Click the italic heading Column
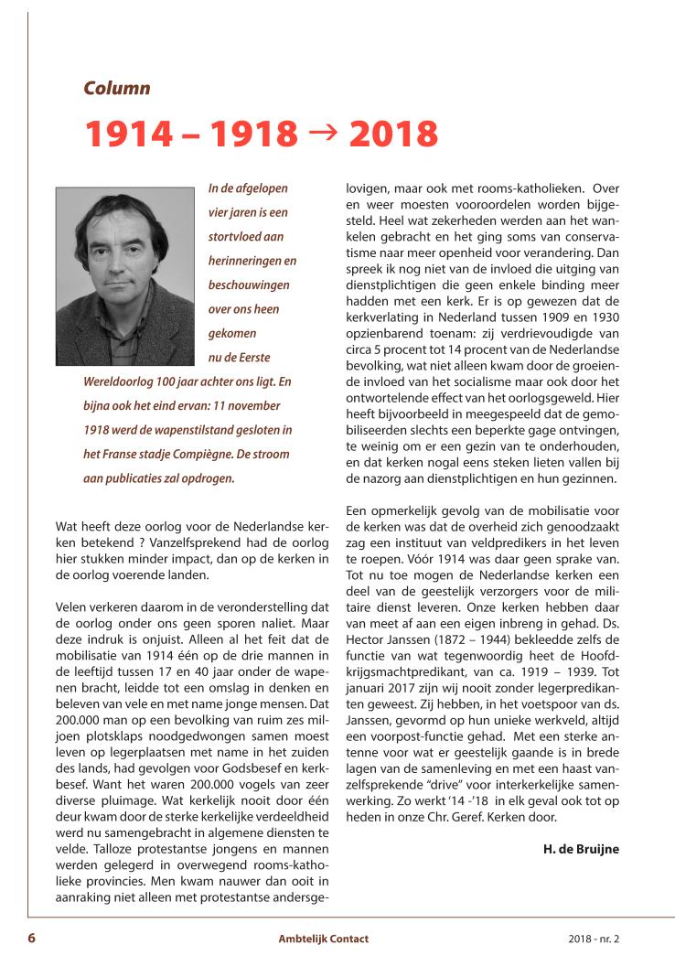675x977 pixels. [116, 89]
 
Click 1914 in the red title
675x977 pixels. [128, 134]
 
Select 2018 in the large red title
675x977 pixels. [393, 134]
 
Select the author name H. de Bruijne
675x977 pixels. [581, 848]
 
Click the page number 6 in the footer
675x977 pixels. [31, 938]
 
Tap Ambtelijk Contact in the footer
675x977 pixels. [324, 939]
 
